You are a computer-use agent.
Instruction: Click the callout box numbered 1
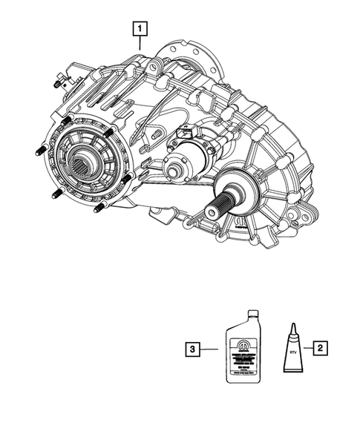coord(140,30)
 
